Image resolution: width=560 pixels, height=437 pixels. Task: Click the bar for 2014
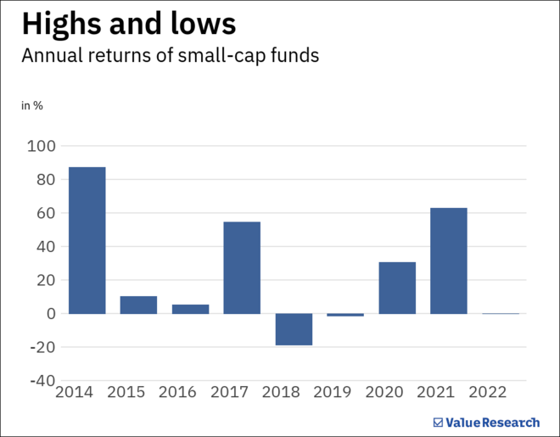coord(87,240)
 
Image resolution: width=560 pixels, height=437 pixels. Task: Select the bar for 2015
coord(138,305)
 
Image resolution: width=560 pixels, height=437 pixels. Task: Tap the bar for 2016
coord(190,309)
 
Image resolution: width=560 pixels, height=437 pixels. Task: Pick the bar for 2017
coord(242,267)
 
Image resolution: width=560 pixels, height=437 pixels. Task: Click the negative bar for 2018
coord(294,329)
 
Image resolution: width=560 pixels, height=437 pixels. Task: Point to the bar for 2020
coord(397,288)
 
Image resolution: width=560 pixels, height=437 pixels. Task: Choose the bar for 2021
coord(449,261)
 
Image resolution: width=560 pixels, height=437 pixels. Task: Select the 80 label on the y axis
coord(45,180)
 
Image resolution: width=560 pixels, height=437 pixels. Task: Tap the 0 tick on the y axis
coord(50,314)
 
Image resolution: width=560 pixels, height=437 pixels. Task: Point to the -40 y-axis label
coord(41,381)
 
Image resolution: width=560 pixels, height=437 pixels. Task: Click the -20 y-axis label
coord(41,347)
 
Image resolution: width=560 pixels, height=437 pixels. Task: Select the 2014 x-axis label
coord(74,393)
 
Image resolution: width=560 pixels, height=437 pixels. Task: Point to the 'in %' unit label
coord(32,106)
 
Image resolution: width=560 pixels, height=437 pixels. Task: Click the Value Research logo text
coord(493,422)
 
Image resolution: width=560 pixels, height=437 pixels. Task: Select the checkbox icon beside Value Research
coord(438,422)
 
